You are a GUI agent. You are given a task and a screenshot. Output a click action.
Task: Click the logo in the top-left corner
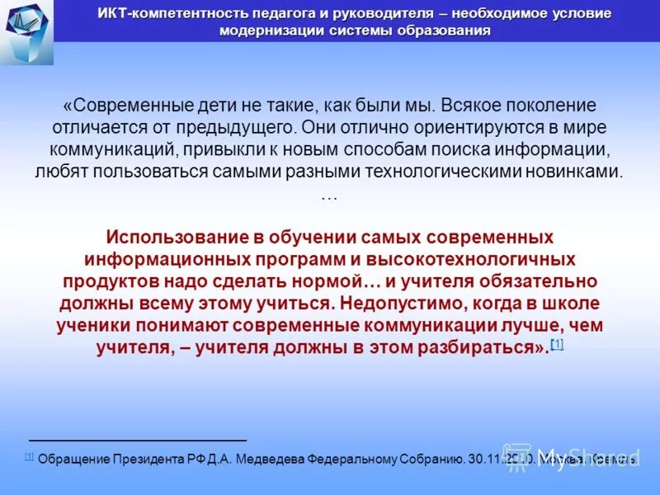coord(26,31)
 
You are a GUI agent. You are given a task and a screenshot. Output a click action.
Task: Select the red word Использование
coord(175,237)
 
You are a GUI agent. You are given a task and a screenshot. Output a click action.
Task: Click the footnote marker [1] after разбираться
coord(557,344)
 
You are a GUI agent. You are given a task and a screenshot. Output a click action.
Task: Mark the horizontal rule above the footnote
coord(138,441)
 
